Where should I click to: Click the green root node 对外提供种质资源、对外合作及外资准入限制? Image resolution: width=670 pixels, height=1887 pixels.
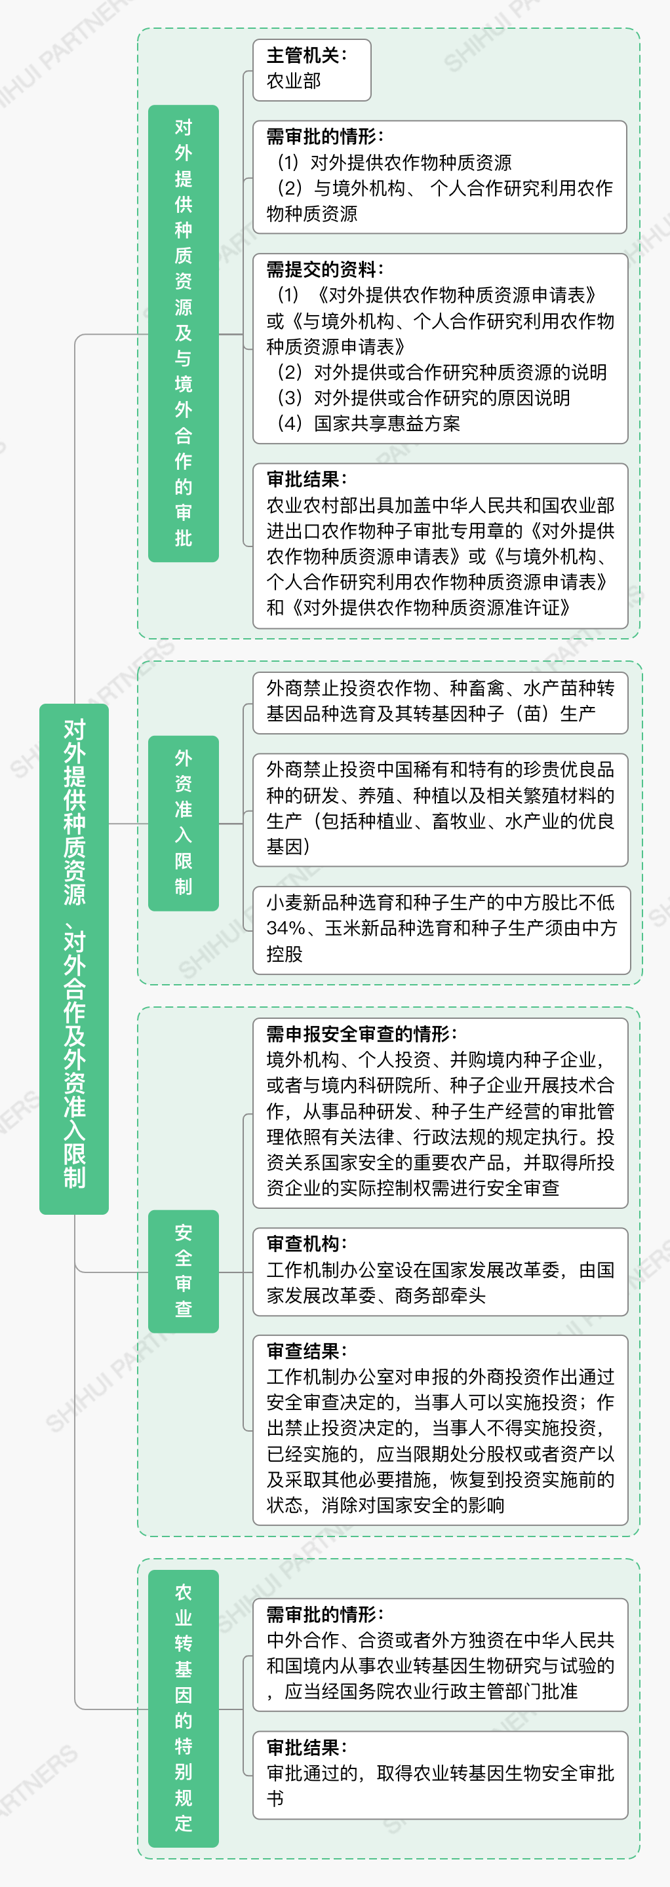click(x=74, y=959)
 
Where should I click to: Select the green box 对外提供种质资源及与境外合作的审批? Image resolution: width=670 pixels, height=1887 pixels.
click(x=184, y=334)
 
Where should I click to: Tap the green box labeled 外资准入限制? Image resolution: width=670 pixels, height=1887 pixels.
click(x=184, y=824)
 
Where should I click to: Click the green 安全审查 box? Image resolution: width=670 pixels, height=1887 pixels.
click(x=184, y=1271)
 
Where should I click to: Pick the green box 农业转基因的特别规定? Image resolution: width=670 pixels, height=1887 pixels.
click(x=184, y=1708)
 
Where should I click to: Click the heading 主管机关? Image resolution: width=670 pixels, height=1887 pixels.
click(x=306, y=55)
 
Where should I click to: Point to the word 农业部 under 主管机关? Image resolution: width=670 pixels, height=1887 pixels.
click(x=294, y=81)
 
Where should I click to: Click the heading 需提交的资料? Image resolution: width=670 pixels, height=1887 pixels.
click(x=325, y=269)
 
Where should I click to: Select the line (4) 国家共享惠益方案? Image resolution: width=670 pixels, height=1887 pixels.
click(x=368, y=423)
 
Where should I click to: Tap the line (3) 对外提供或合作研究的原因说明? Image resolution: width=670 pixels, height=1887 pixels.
click(x=423, y=398)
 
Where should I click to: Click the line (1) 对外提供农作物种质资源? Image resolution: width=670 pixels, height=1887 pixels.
click(x=393, y=162)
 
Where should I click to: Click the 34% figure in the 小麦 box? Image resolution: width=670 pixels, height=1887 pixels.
click(x=286, y=928)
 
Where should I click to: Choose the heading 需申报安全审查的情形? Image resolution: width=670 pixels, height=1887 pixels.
click(x=361, y=1034)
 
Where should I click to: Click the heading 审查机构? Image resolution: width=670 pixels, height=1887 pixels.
click(x=306, y=1243)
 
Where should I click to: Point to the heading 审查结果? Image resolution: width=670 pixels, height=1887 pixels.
click(x=306, y=1351)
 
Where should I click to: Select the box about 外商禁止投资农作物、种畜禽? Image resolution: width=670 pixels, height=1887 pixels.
click(x=441, y=703)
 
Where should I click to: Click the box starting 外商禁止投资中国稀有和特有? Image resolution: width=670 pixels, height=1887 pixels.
click(x=441, y=809)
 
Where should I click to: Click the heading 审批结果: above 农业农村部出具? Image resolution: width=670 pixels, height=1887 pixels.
click(x=306, y=479)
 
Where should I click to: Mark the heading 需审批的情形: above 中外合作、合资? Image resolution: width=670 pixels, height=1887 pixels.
click(x=325, y=1614)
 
